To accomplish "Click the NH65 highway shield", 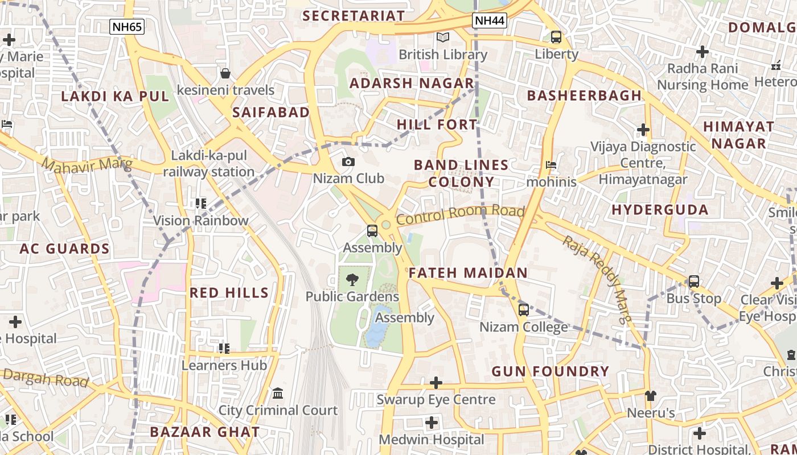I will pyautogui.click(x=127, y=26).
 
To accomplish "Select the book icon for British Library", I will pyautogui.click(x=442, y=38).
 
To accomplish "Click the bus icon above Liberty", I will pyautogui.click(x=556, y=37).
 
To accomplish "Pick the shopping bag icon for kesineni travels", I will pyautogui.click(x=225, y=73).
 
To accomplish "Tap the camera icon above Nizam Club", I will pyautogui.click(x=348, y=162).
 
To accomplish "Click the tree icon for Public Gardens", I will pyautogui.click(x=352, y=279).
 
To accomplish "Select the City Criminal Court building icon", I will pyautogui.click(x=278, y=393).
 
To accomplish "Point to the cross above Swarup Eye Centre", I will pyautogui.click(x=436, y=383).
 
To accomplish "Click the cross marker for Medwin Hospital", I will pyautogui.click(x=432, y=423).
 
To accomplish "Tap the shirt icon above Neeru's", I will pyautogui.click(x=651, y=396).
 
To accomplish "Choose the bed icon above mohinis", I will pyautogui.click(x=551, y=166).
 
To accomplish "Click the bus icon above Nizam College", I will pyautogui.click(x=523, y=310).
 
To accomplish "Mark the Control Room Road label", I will pyautogui.click(x=460, y=214).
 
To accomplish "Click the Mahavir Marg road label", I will pyautogui.click(x=87, y=165).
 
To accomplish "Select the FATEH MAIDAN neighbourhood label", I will pyautogui.click(x=468, y=273).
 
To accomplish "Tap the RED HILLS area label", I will pyautogui.click(x=229, y=293).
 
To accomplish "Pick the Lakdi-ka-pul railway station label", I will pyautogui.click(x=209, y=164).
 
